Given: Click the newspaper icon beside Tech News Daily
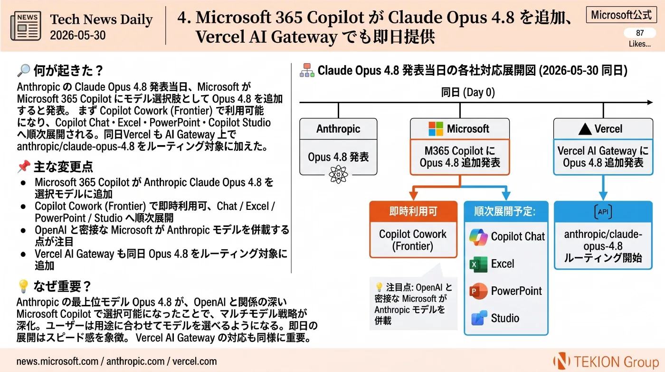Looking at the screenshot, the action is pyautogui.click(x=26, y=26).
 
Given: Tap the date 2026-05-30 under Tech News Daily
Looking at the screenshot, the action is pyautogui.click(x=78, y=35).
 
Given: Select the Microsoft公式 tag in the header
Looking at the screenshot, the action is pyautogui.click(x=621, y=15).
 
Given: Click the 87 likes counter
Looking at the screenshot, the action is pyautogui.click(x=640, y=33).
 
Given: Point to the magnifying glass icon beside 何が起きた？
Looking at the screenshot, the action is pyautogui.click(x=24, y=70).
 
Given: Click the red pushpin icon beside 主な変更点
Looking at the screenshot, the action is pyautogui.click(x=24, y=166).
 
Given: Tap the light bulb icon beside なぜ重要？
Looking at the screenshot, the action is pyautogui.click(x=23, y=286).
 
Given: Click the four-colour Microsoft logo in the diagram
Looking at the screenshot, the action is pyautogui.click(x=436, y=129).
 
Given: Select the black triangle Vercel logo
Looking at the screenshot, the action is pyautogui.click(x=585, y=129).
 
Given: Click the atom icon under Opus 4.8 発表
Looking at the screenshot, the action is pyautogui.click(x=338, y=174).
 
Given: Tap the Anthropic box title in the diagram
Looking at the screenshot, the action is pyautogui.click(x=338, y=129).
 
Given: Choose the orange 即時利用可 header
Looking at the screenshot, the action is pyautogui.click(x=413, y=211).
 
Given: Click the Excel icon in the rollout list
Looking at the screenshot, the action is pyautogui.click(x=478, y=264).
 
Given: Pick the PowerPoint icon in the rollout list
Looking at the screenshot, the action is pyautogui.click(x=478, y=291).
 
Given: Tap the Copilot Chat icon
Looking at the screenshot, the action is pyautogui.click(x=478, y=237).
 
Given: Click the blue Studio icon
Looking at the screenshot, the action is pyautogui.click(x=479, y=318).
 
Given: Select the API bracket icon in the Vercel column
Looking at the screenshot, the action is pyautogui.click(x=603, y=212).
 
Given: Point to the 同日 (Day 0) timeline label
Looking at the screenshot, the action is pyautogui.click(x=468, y=92).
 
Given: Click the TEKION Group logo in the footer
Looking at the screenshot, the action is pyautogui.click(x=606, y=362).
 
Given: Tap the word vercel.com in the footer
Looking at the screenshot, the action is pyautogui.click(x=194, y=361).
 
